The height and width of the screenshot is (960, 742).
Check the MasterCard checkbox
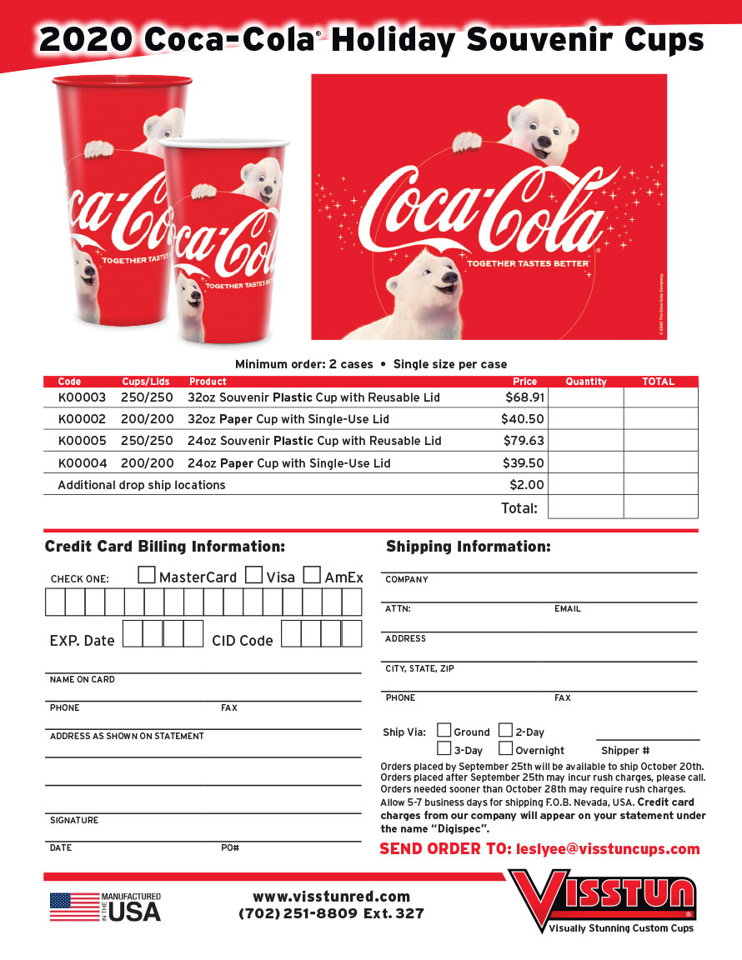(x=146, y=575)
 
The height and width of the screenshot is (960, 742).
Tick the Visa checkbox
(x=254, y=575)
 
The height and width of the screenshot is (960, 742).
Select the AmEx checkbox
(x=312, y=575)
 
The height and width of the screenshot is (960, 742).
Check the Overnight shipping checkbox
(x=505, y=748)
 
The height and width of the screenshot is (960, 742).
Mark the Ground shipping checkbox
(x=444, y=731)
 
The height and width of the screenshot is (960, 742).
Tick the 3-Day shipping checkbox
(x=444, y=748)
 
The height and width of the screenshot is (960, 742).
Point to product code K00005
(x=82, y=441)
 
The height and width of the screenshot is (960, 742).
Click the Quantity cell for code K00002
(x=585, y=419)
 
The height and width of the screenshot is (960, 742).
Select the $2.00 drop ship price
(x=526, y=485)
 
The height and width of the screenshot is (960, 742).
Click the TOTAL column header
(x=658, y=382)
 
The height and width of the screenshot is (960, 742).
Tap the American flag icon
(x=73, y=907)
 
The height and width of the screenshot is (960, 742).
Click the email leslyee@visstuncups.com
(x=608, y=849)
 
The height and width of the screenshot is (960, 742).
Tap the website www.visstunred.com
(x=331, y=897)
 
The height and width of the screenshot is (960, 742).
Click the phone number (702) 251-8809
(x=298, y=913)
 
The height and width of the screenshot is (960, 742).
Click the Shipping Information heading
(x=468, y=547)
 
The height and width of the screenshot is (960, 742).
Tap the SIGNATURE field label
(x=74, y=821)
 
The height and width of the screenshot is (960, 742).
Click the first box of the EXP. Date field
(x=133, y=633)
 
